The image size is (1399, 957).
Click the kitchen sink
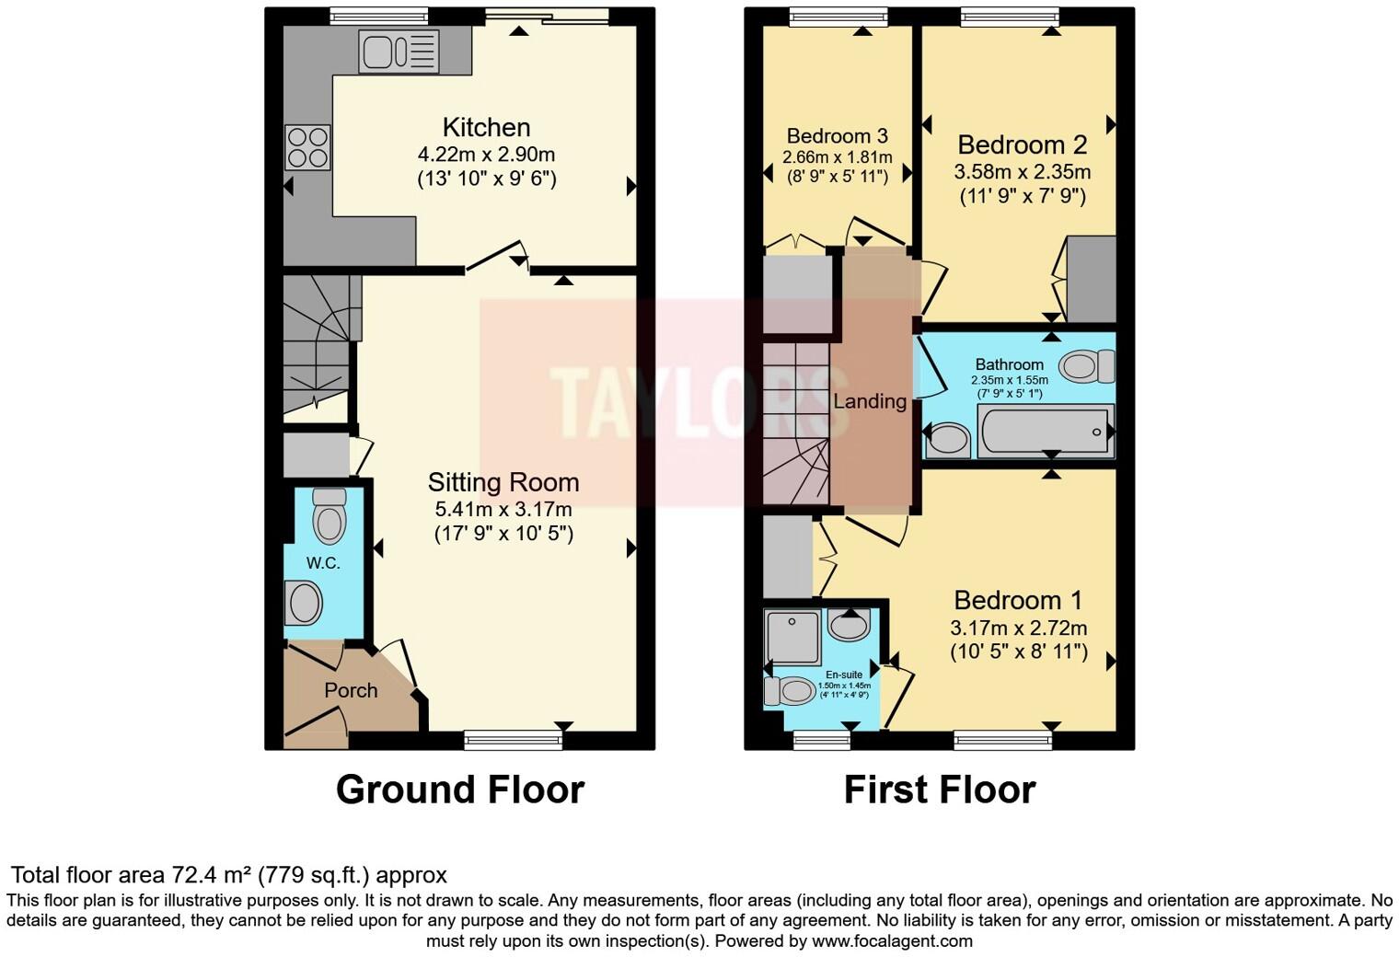click(x=399, y=52)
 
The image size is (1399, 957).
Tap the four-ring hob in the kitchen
click(x=308, y=147)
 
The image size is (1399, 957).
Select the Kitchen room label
click(x=487, y=127)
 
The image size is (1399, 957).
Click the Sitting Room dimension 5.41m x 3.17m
click(x=503, y=510)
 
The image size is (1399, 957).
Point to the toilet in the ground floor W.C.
click(x=330, y=515)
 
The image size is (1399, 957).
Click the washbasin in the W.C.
click(x=304, y=603)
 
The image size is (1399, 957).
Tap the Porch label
click(x=351, y=690)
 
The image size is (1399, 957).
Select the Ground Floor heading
click(x=460, y=790)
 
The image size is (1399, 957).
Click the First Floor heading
click(x=940, y=790)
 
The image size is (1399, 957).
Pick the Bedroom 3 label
click(x=837, y=135)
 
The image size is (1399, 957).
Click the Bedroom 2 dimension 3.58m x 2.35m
click(x=1023, y=172)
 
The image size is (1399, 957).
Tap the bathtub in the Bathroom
click(x=1046, y=430)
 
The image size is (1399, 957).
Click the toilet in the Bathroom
click(x=1087, y=366)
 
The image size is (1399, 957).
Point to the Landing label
click(x=870, y=401)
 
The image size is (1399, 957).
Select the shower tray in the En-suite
click(x=792, y=638)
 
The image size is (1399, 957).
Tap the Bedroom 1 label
click(x=1018, y=601)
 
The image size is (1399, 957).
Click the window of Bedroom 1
click(x=1002, y=741)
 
